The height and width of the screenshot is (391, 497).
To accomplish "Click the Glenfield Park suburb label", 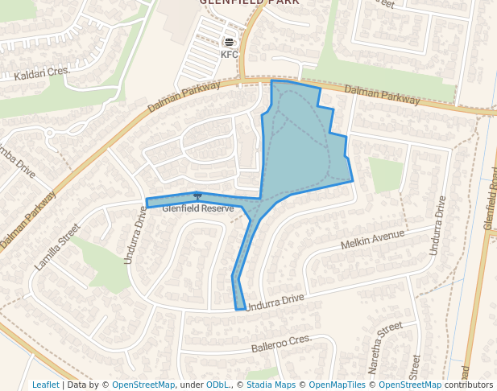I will coord(249,2).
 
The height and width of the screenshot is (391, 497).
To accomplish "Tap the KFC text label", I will coord(230,55).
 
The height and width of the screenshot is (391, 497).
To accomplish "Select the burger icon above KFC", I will coord(230,42).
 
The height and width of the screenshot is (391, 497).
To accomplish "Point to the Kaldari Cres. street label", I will coord(43,75).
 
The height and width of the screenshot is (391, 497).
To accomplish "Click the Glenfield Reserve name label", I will coord(198,208).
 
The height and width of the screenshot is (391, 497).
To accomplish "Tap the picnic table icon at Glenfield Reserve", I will coord(197,195).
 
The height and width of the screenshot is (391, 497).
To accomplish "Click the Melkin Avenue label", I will coord(371,239).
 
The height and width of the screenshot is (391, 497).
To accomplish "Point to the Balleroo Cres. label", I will coord(280,344).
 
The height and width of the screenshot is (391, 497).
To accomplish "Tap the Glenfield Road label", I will coord(490,204).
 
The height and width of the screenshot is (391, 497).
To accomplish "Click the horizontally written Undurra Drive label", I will coord(275,302).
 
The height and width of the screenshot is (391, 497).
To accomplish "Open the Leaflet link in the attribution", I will coord(45,385).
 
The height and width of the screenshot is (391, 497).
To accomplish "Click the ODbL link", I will coord(217,385).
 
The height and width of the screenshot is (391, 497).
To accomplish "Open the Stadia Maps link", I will coord(270,385).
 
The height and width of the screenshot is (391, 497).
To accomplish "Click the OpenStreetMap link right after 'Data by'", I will coord(143,385).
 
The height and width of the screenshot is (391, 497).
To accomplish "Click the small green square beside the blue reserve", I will coord(386,175).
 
